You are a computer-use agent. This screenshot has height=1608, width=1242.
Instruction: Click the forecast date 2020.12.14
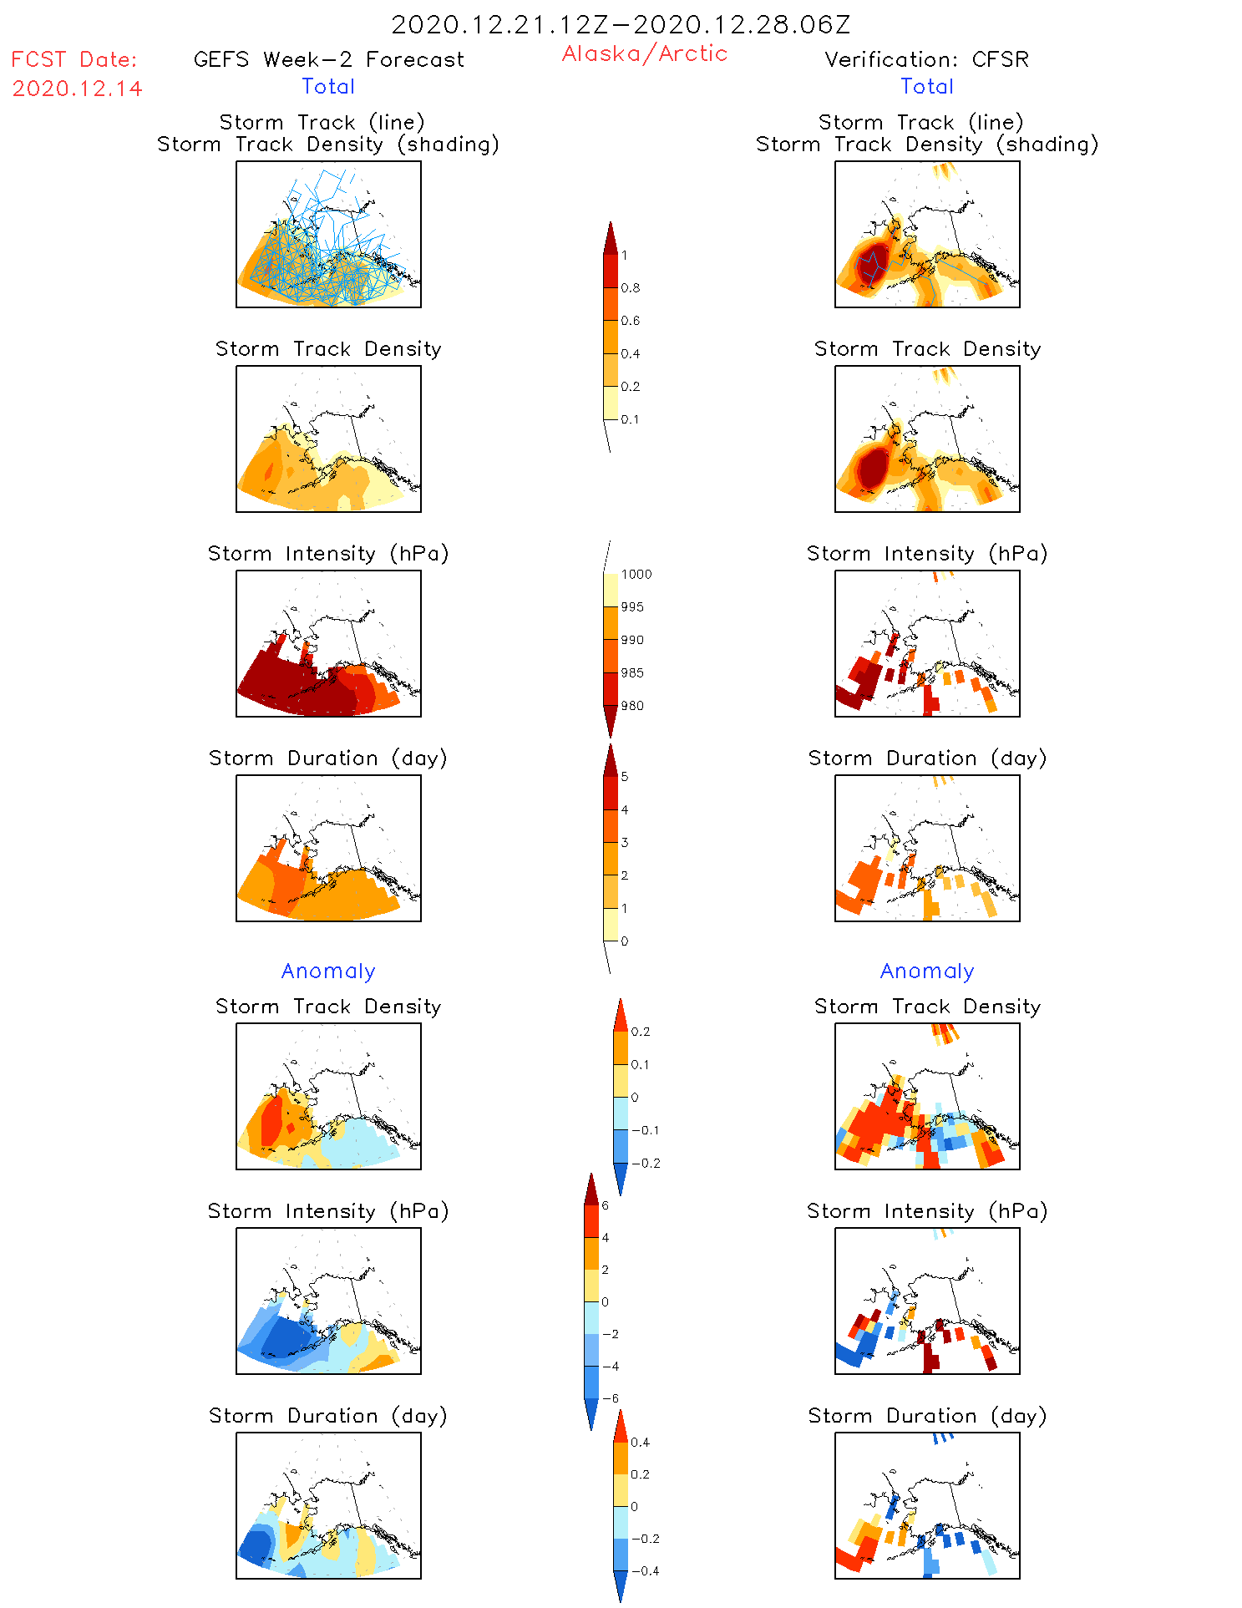[x=77, y=89]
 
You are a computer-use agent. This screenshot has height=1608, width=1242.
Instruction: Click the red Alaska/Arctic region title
[x=644, y=53]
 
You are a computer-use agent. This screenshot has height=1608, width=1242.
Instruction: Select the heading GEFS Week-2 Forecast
[x=328, y=59]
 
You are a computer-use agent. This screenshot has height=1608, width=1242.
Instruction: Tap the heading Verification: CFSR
[x=926, y=59]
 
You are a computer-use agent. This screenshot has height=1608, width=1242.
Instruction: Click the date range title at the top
[x=621, y=24]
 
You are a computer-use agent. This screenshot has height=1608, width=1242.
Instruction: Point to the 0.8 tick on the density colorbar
[x=631, y=288]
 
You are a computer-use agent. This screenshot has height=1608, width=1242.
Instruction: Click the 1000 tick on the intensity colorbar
[x=636, y=575]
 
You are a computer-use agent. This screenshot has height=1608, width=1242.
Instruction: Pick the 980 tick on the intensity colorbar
[x=632, y=706]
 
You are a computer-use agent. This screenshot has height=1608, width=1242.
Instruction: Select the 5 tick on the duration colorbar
[x=625, y=777]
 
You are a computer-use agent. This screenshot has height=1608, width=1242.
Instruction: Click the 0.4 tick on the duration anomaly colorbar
[x=640, y=1442]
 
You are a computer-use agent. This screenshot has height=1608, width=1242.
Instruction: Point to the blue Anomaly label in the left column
[x=328, y=971]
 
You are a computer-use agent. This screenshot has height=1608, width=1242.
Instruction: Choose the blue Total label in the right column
[x=926, y=86]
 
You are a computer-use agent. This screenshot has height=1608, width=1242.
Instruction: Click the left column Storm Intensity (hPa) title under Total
[x=328, y=553]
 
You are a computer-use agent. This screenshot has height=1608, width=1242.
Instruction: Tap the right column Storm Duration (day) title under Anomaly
[x=926, y=1416]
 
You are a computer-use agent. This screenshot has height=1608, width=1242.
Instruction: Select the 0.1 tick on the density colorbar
[x=630, y=419]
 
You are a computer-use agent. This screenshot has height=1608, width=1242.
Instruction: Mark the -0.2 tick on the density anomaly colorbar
[x=645, y=1163]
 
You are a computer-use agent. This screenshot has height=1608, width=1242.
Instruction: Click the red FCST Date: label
[x=74, y=59]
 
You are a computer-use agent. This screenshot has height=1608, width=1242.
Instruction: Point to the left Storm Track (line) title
[x=322, y=122]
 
